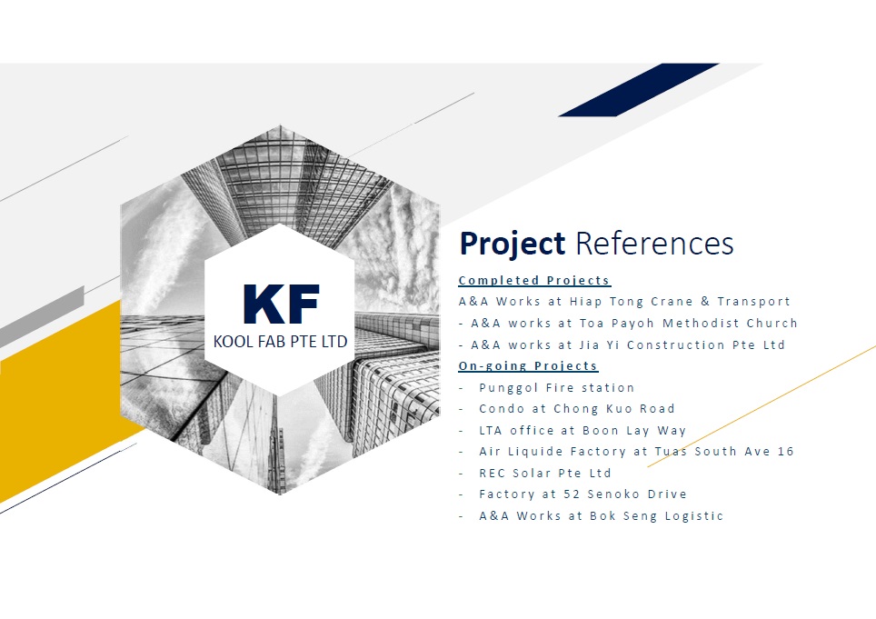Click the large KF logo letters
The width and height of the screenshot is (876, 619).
pyautogui.click(x=281, y=304)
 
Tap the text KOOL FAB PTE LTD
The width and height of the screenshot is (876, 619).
pyautogui.click(x=281, y=342)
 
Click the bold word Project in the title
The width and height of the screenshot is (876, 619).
pyautogui.click(x=512, y=245)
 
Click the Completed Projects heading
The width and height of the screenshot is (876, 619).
pyautogui.click(x=534, y=280)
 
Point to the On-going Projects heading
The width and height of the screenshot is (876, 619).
pyautogui.click(x=528, y=366)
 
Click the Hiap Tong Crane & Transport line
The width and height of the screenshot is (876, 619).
pyautogui.click(x=624, y=302)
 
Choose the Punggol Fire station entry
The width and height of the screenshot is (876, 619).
pyautogui.click(x=557, y=388)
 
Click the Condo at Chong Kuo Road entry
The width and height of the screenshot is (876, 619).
pyautogui.click(x=576, y=409)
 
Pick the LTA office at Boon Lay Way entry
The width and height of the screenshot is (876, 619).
pyautogui.click(x=582, y=431)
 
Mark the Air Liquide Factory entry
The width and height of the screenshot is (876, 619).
pyautogui.click(x=636, y=452)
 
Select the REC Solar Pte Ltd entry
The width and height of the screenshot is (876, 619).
pyautogui.click(x=545, y=474)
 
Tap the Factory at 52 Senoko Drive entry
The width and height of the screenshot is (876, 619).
pyautogui.click(x=582, y=494)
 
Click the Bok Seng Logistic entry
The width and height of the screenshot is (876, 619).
pyautogui.click(x=602, y=515)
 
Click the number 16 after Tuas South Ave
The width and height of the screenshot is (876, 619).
pyautogui.click(x=785, y=452)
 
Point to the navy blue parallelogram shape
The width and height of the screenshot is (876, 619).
pyautogui.click(x=639, y=90)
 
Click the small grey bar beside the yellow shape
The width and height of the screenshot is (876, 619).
pyautogui.click(x=42, y=316)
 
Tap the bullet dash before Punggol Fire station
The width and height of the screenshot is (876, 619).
pyautogui.click(x=462, y=388)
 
